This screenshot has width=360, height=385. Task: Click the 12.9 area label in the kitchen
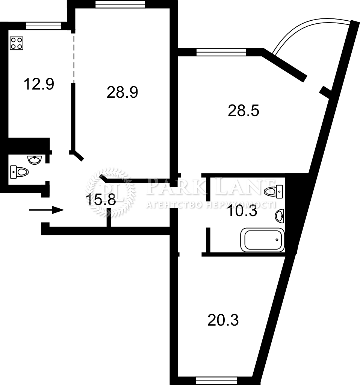pyautogui.click(x=39, y=84)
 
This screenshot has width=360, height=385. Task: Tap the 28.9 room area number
pyautogui.click(x=122, y=92)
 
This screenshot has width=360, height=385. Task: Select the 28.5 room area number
pyautogui.click(x=244, y=111)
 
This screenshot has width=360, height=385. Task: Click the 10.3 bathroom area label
pyautogui.click(x=242, y=211)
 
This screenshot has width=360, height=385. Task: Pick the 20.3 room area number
pyautogui.click(x=223, y=320)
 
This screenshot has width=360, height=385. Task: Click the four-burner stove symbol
pyautogui.click(x=17, y=43)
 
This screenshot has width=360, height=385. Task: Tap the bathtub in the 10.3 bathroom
pyautogui.click(x=262, y=240)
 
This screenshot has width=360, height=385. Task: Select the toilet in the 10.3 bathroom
pyautogui.click(x=273, y=191)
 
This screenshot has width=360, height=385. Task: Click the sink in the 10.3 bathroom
pyautogui.click(x=280, y=216)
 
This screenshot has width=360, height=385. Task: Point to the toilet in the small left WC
pyautogui.click(x=19, y=172)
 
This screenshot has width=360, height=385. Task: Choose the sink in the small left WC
pyautogui.click(x=35, y=160)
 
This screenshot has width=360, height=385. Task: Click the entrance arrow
pyautogui.click(x=47, y=210)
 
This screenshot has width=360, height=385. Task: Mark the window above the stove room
pyautogui.click(x=44, y=26)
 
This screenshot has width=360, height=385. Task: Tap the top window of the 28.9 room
pyautogui.click(x=120, y=4)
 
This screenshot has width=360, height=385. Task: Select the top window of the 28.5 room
pyautogui.click(x=221, y=52)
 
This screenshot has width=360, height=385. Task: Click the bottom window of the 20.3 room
pyautogui.click(x=216, y=381)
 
